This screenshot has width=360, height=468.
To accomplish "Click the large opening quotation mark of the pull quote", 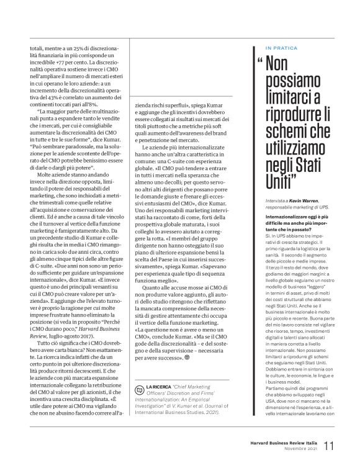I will click(258, 63).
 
